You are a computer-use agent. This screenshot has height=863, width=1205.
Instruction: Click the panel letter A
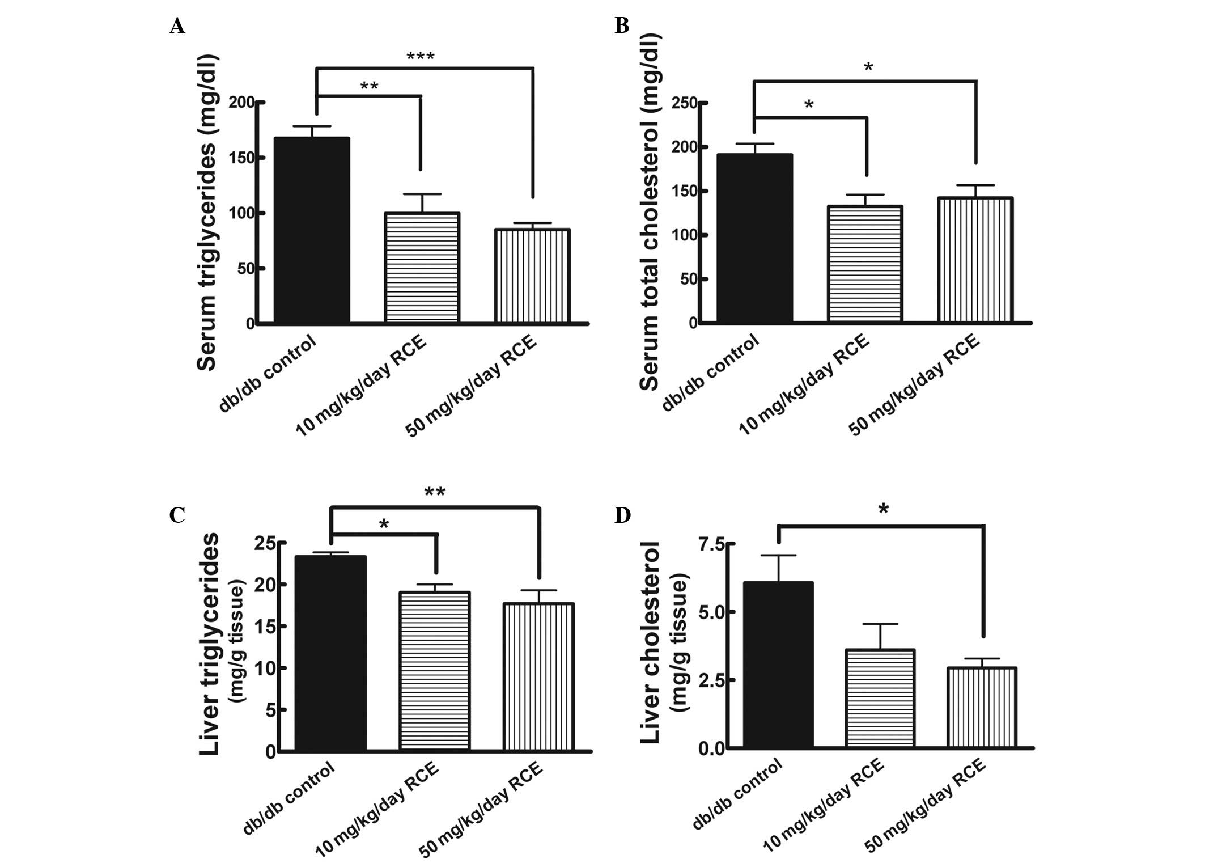pyautogui.click(x=177, y=26)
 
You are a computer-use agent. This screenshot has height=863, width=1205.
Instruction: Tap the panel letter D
pyautogui.click(x=622, y=515)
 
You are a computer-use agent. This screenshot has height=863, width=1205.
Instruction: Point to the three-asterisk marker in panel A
pyautogui.click(x=421, y=57)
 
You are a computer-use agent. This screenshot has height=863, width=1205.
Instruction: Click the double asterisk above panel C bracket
pyautogui.click(x=435, y=492)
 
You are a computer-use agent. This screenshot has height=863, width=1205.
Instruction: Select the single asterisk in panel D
pyautogui.click(x=883, y=510)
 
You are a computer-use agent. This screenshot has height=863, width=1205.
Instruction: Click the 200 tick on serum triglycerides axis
pyautogui.click(x=242, y=103)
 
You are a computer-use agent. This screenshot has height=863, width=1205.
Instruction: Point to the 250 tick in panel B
pyautogui.click(x=684, y=103)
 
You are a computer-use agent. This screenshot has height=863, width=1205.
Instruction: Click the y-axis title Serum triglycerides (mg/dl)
pyautogui.click(x=207, y=212)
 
